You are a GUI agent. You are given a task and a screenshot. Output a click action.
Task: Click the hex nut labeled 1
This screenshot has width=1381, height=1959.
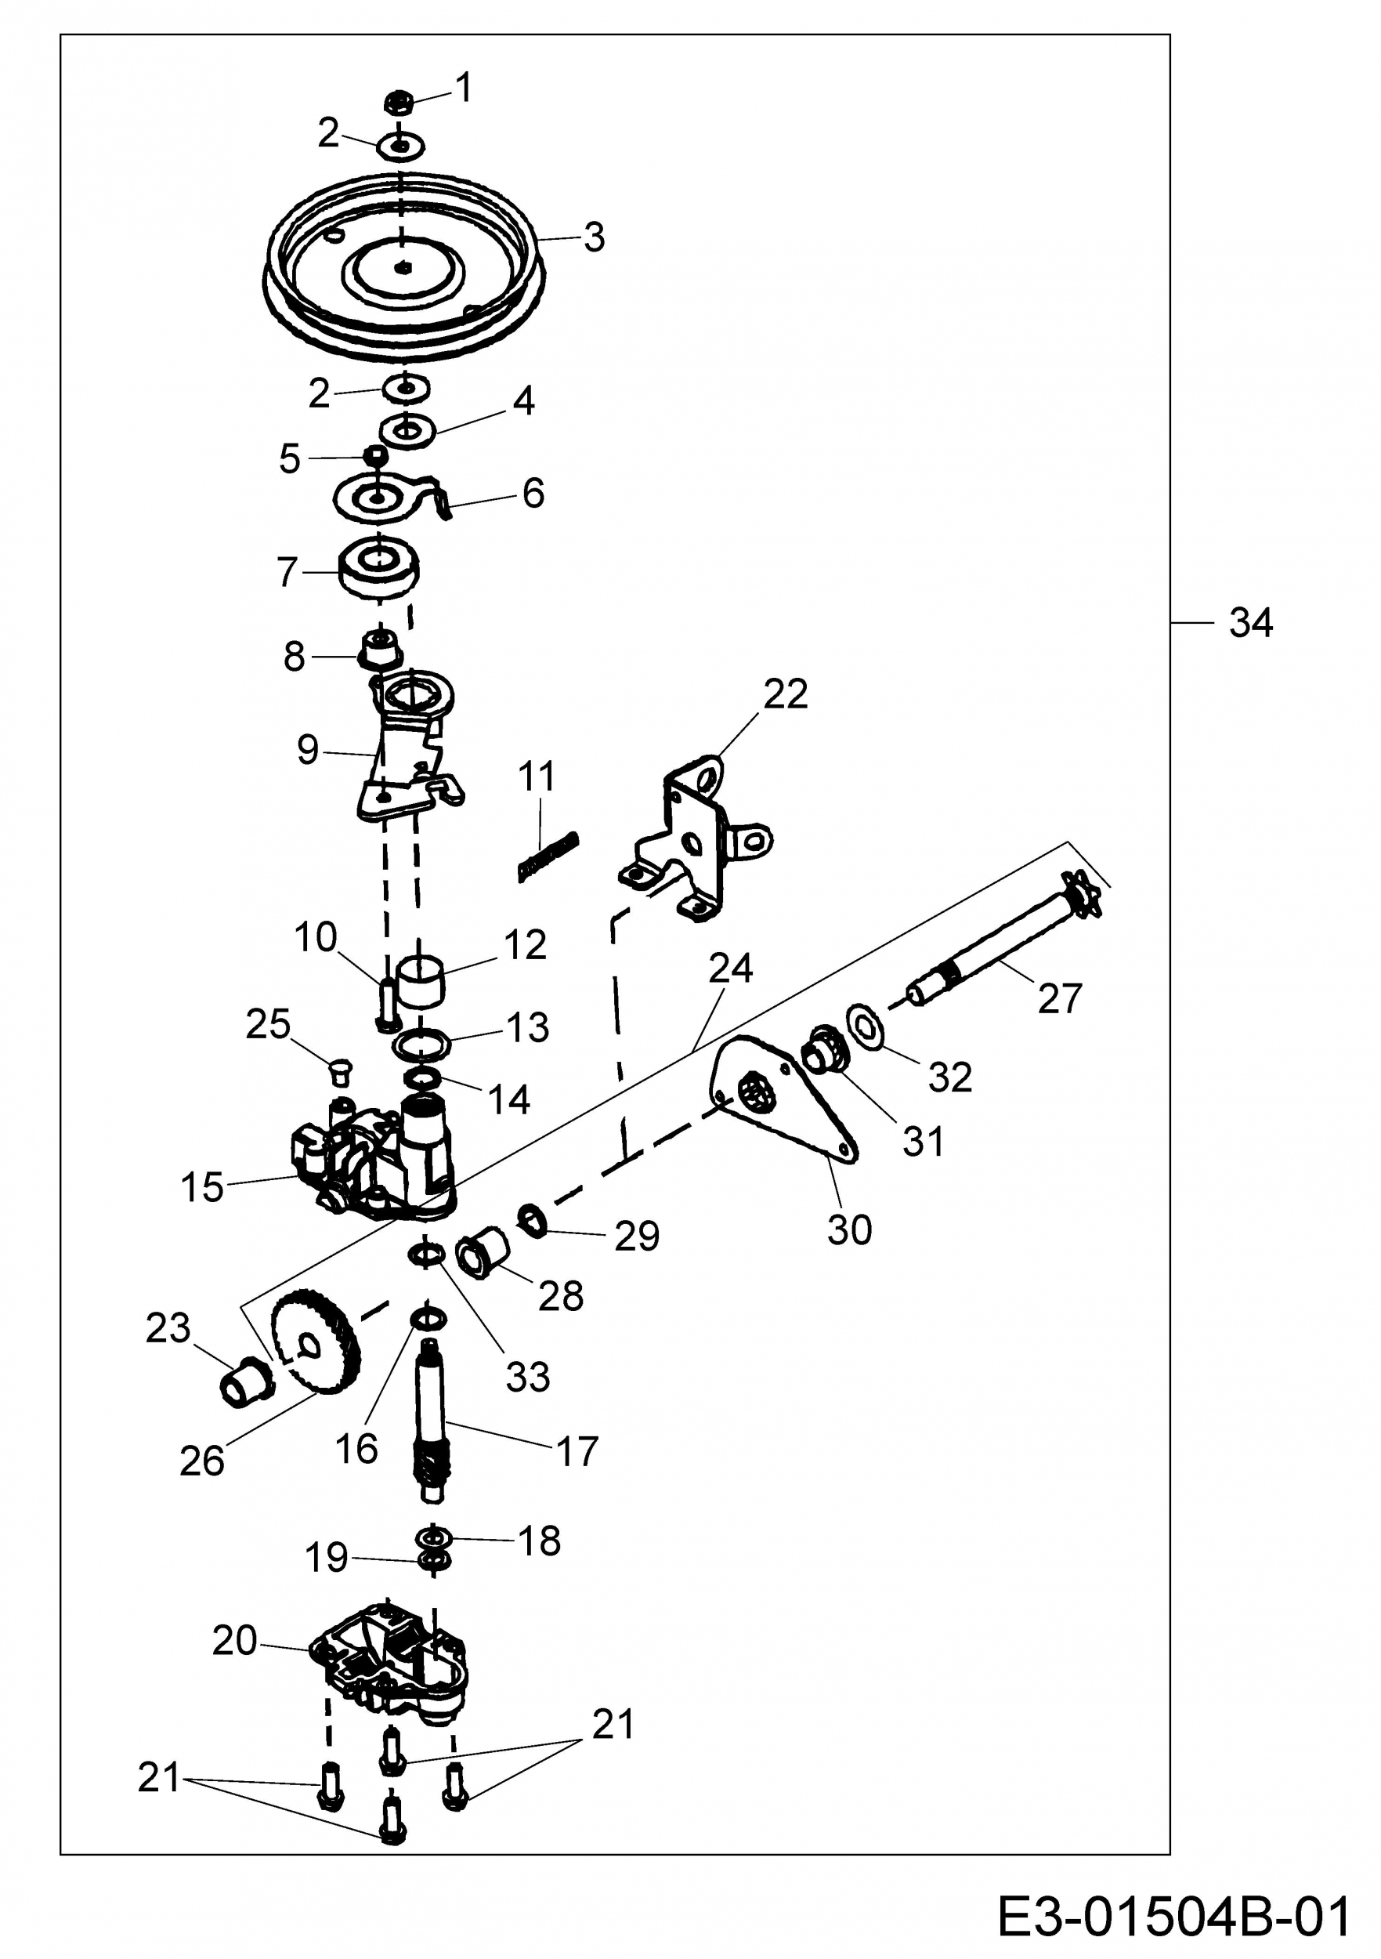pyautogui.click(x=399, y=104)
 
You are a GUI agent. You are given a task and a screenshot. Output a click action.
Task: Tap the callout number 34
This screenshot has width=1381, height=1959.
pyautogui.click(x=1250, y=624)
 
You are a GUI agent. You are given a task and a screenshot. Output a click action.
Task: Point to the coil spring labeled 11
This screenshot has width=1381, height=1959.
pyautogui.click(x=548, y=856)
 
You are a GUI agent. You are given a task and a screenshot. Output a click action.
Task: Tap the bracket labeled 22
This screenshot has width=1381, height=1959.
pyautogui.click(x=700, y=841)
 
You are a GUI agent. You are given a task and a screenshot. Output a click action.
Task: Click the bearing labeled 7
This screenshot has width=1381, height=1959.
pyautogui.click(x=378, y=567)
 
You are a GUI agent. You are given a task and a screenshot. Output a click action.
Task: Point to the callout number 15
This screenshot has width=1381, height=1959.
pyautogui.click(x=202, y=1189)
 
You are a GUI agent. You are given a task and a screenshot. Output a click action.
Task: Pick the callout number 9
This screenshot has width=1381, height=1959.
pyautogui.click(x=307, y=750)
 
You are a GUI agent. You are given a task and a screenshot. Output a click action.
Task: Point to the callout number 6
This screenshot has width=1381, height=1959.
pyautogui.click(x=533, y=493)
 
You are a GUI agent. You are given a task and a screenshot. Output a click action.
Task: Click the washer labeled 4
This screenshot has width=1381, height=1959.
pyautogui.click(x=408, y=431)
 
